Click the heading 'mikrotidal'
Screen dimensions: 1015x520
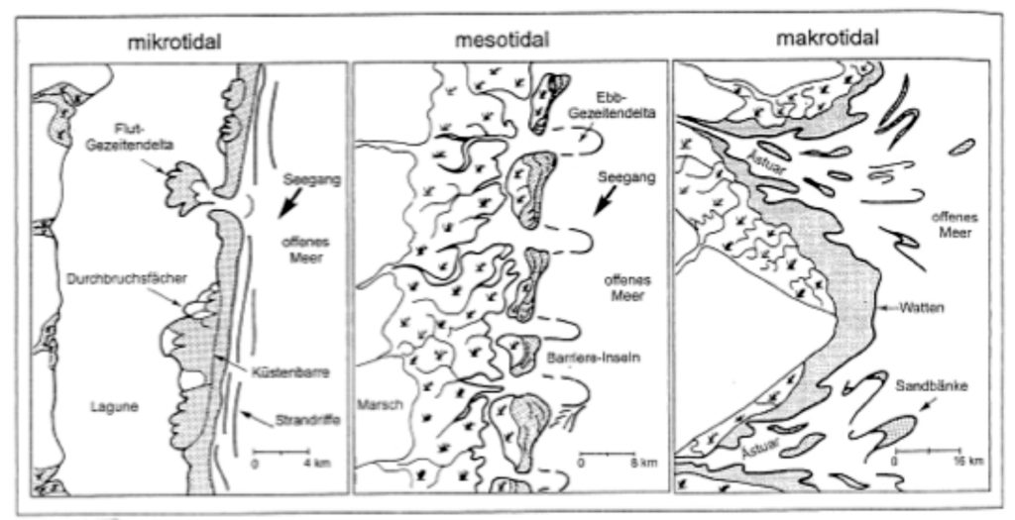(174, 43)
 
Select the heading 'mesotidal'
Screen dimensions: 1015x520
(502, 40)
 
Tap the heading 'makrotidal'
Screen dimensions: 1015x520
(828, 39)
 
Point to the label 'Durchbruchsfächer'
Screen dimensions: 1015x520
(127, 278)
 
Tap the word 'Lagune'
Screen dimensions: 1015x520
(114, 407)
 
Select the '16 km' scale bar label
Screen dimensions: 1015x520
(963, 462)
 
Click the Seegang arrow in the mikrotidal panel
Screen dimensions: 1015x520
(283, 209)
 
